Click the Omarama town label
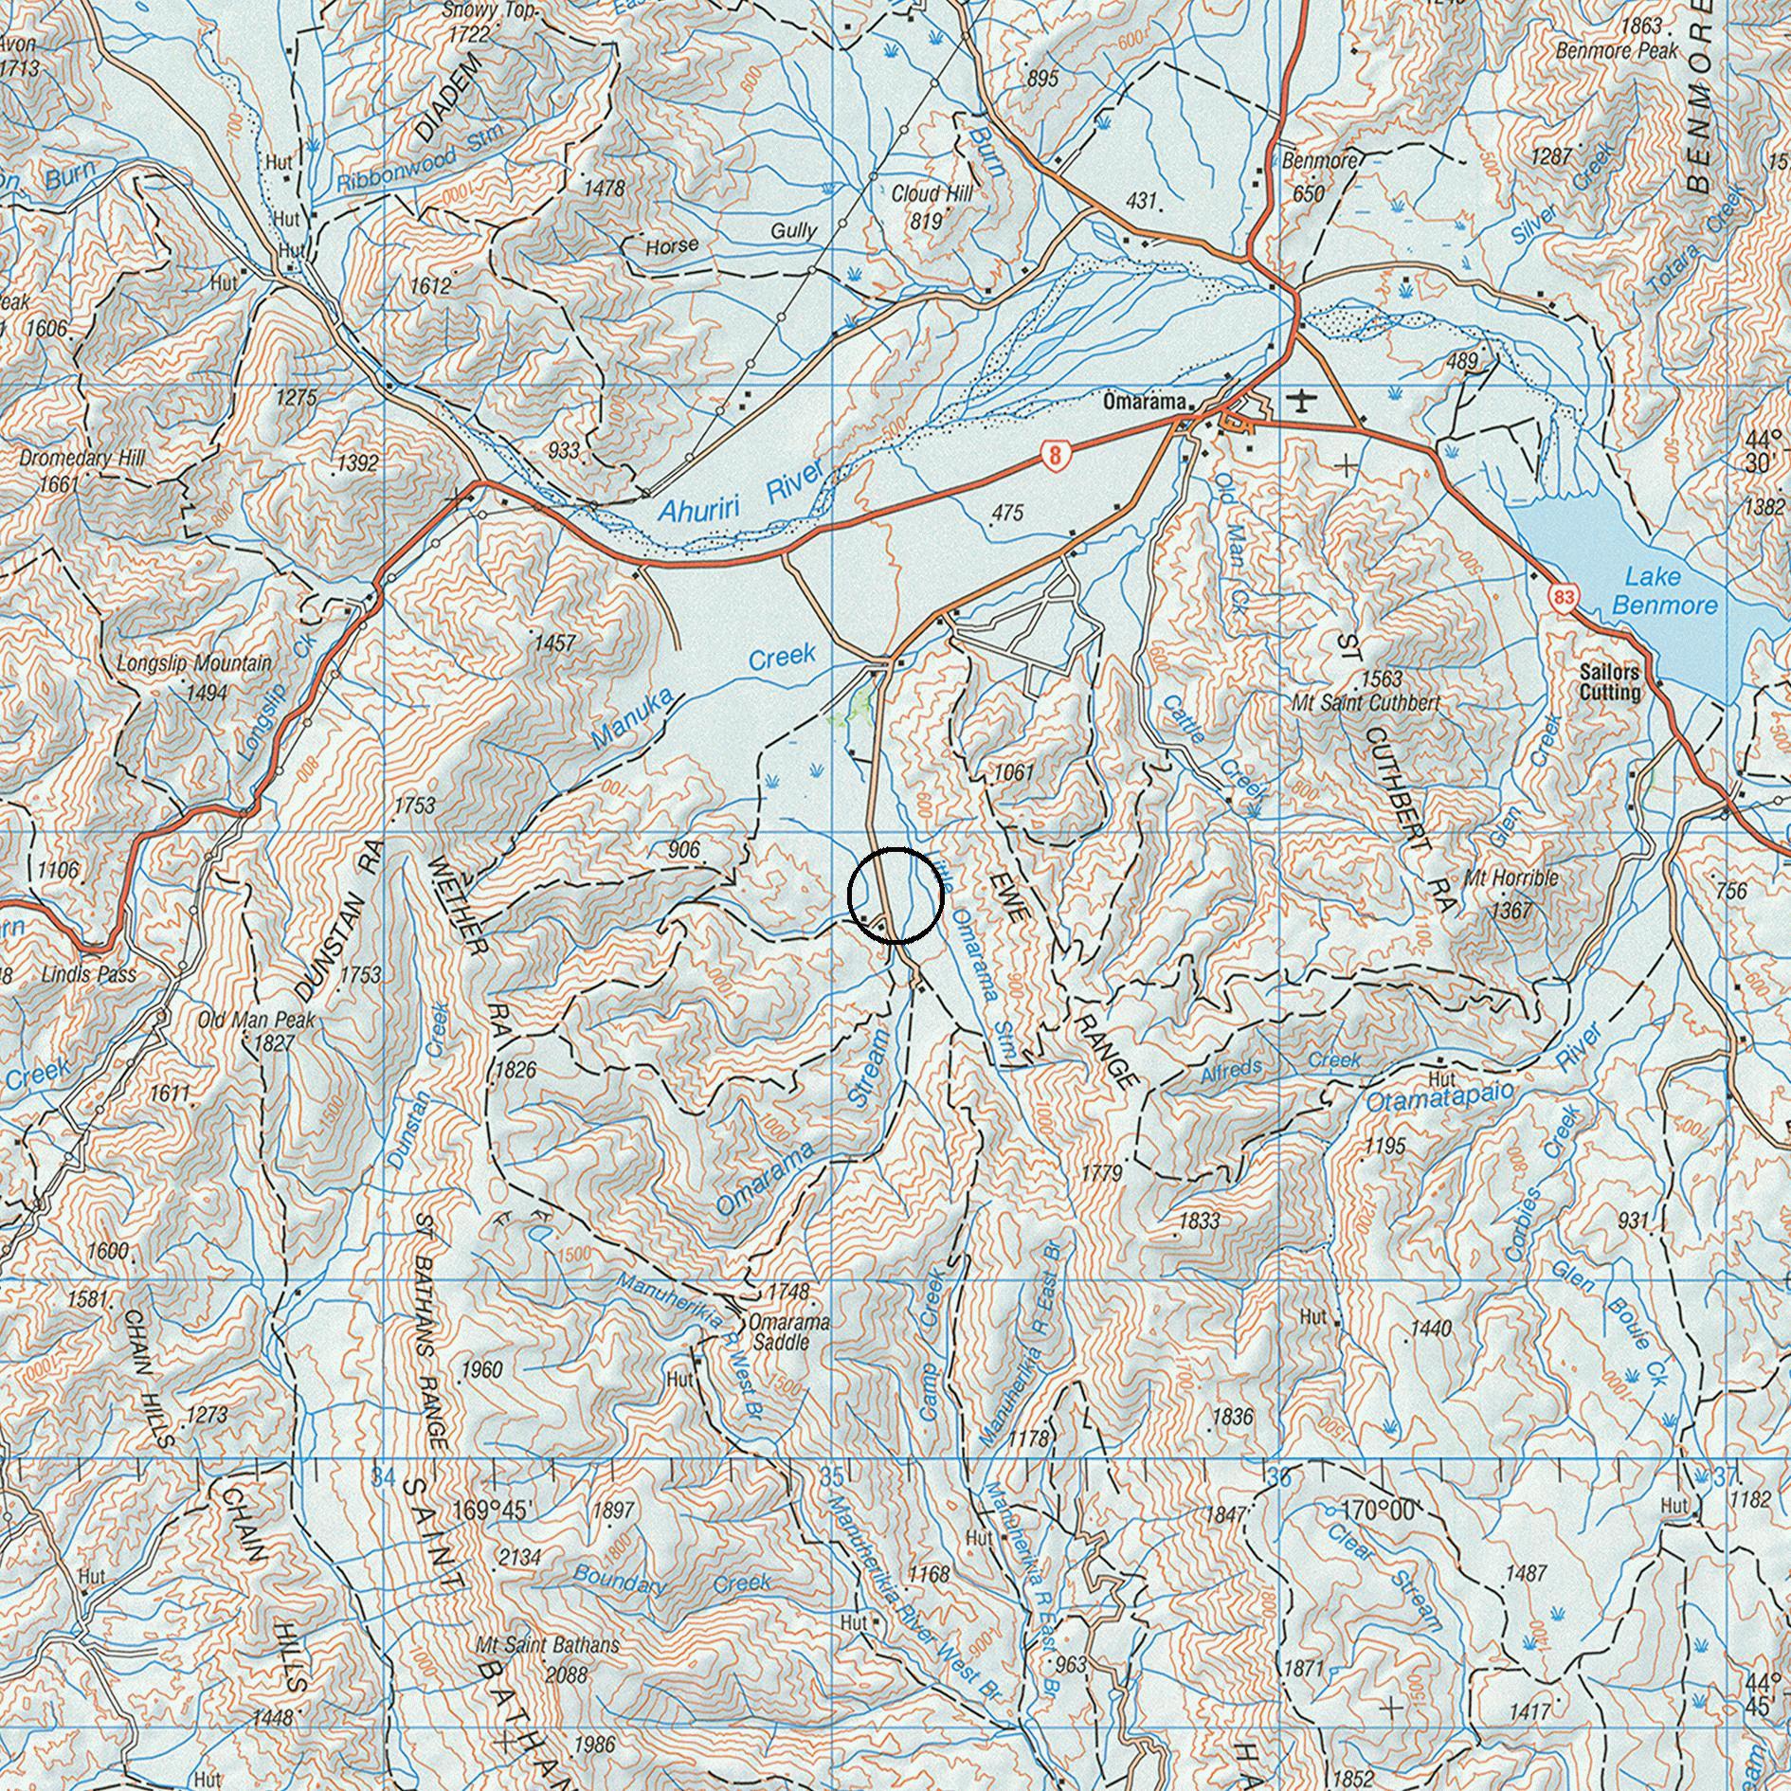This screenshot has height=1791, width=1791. point(1144,403)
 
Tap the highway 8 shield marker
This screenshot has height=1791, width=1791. point(1055,456)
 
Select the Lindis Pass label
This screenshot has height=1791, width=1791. point(89,974)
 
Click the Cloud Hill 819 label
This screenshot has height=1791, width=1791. point(932,206)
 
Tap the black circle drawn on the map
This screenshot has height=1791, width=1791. point(895,895)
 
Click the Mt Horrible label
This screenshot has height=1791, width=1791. point(1511,878)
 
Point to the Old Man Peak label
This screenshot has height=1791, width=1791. point(256,1021)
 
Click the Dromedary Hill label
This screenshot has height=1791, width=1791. point(82,459)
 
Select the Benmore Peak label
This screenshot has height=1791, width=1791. point(1617,51)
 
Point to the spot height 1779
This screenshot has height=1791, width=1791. point(1101,1174)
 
